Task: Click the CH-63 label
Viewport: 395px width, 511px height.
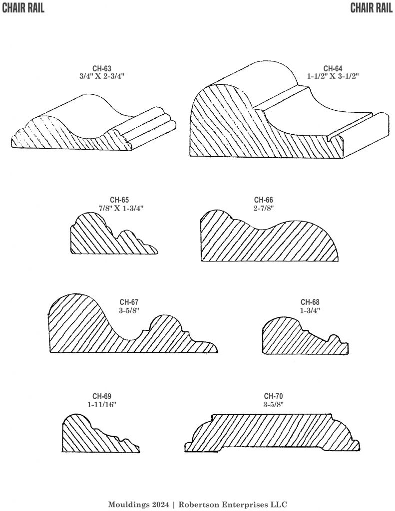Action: pyautogui.click(x=101, y=69)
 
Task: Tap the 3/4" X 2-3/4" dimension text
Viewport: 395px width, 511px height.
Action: pyautogui.click(x=101, y=76)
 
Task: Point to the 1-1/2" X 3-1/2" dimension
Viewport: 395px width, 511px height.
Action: pyautogui.click(x=333, y=76)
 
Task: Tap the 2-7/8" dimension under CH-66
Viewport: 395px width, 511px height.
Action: pyautogui.click(x=263, y=208)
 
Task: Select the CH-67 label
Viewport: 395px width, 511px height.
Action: pyautogui.click(x=129, y=302)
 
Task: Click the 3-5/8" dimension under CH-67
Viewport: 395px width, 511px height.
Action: pyautogui.click(x=129, y=310)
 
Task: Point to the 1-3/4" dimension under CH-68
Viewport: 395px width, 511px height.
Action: pyautogui.click(x=310, y=310)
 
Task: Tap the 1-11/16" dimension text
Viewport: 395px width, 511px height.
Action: pyautogui.click(x=102, y=405)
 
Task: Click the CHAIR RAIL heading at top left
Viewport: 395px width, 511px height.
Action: pyautogui.click(x=23, y=8)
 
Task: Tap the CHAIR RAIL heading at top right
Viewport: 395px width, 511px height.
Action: pyautogui.click(x=371, y=8)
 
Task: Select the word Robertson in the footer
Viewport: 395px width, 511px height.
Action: pyautogui.click(x=202, y=504)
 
